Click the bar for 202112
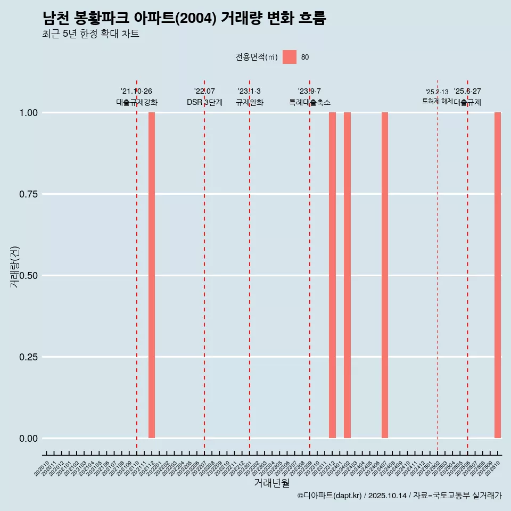click(x=152, y=275)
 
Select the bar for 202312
click(x=332, y=275)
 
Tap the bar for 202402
click(x=347, y=275)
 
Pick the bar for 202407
click(x=385, y=275)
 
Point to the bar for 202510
click(x=498, y=275)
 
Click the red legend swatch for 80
click(x=290, y=57)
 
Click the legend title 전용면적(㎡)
click(x=256, y=57)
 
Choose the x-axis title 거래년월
click(x=271, y=483)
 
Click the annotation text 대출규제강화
click(x=137, y=102)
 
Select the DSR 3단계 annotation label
click(x=204, y=102)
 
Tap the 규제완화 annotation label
click(x=250, y=102)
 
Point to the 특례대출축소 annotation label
click(x=310, y=102)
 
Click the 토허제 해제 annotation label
click(x=437, y=101)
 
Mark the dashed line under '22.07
click(x=204, y=266)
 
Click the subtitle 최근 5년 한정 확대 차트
click(x=90, y=34)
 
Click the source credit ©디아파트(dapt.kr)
click(x=330, y=496)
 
